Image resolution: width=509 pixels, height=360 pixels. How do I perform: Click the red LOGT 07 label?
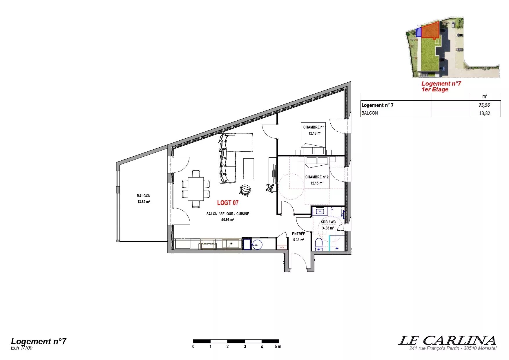(x=228, y=203)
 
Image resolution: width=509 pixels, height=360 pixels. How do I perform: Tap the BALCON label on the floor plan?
(x=144, y=196)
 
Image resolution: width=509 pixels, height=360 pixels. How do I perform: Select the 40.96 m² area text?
(x=228, y=220)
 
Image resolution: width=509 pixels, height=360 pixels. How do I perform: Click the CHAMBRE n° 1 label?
(x=315, y=127)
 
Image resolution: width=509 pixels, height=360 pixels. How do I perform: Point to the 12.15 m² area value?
(x=317, y=183)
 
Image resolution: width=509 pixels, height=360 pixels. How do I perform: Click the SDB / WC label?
(x=328, y=222)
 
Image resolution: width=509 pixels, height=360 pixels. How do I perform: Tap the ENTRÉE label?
(x=298, y=234)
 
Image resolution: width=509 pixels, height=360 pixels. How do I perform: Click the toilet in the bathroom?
(x=319, y=245)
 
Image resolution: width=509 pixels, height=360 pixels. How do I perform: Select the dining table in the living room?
(x=196, y=189)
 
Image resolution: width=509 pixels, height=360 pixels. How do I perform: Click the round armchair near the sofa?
(x=245, y=190)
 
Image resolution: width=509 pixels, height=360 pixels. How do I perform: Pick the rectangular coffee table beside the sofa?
(x=249, y=169)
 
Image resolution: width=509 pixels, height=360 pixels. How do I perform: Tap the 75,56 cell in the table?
(x=484, y=105)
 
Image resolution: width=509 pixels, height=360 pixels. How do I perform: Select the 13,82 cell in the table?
(x=484, y=113)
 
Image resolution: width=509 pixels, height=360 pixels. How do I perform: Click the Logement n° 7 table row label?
(x=377, y=105)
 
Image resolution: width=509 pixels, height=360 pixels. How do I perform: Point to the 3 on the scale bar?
(x=245, y=346)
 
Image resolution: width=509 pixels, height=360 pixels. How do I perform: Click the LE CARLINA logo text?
(x=447, y=340)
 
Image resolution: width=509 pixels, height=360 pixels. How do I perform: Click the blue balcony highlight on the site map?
(x=419, y=32)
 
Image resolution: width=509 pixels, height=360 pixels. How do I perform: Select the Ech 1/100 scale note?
(x=21, y=348)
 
